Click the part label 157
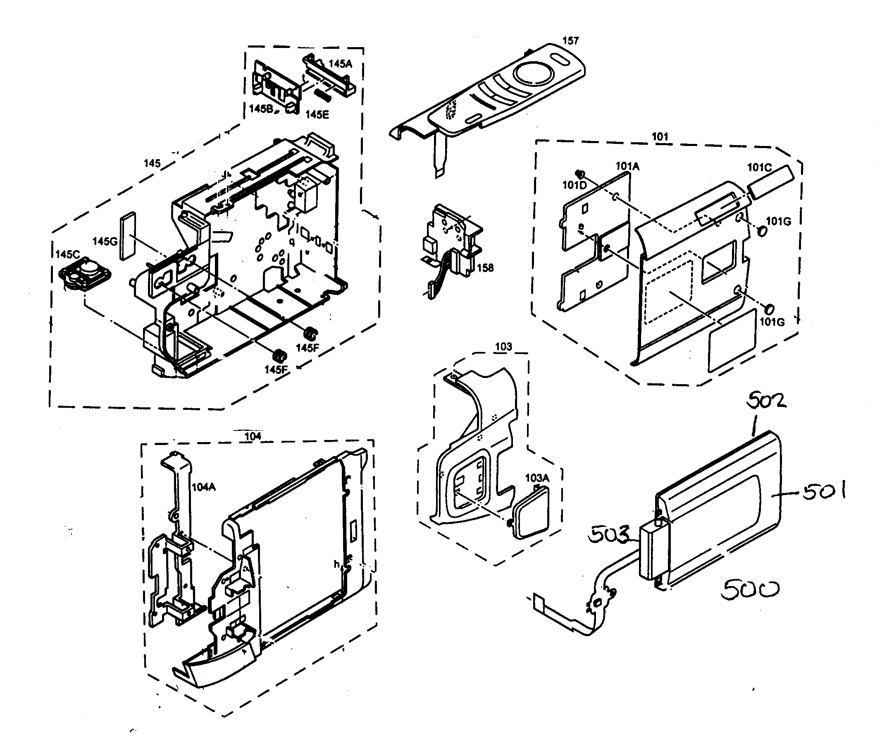click(x=570, y=41)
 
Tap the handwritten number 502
click(x=766, y=401)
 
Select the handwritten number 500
click(x=750, y=590)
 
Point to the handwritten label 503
click(x=608, y=536)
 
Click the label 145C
click(x=68, y=255)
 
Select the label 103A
click(x=537, y=478)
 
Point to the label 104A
click(x=204, y=487)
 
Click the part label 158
click(x=485, y=268)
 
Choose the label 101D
click(x=575, y=185)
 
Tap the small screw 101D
click(x=579, y=173)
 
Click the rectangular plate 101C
click(x=770, y=182)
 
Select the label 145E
click(x=317, y=115)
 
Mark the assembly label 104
click(x=253, y=436)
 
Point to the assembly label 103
click(x=503, y=347)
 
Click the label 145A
click(x=341, y=64)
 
